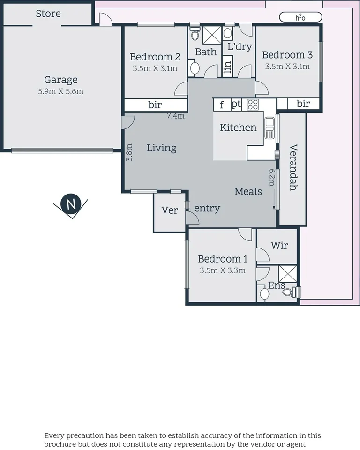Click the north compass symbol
pos(71,205)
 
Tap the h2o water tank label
pos(300,17)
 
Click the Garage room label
pos(61,80)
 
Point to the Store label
pos(48,14)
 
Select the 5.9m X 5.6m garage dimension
pos(61,91)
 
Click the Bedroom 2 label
pos(155,57)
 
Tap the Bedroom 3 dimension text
pos(287,67)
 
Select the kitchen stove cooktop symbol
pos(253,105)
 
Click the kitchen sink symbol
pos(270,127)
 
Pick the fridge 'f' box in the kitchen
pos(222,105)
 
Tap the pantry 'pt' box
pos(236,105)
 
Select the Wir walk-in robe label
pos(279,245)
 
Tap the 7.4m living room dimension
pos(176,116)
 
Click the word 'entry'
pos(207,209)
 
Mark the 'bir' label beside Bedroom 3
pos(303,104)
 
